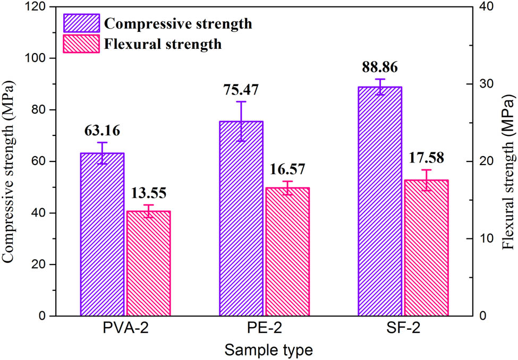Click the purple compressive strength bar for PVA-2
102,234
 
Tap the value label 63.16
102,130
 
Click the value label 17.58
426,158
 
